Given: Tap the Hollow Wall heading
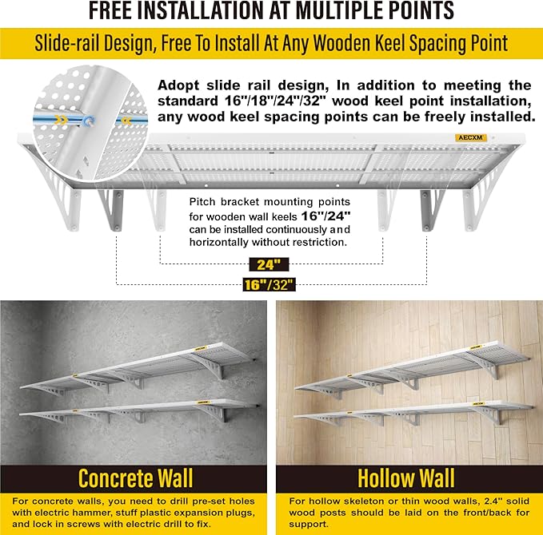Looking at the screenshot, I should [406, 478].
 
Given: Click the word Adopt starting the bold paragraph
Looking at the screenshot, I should [180, 85].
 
